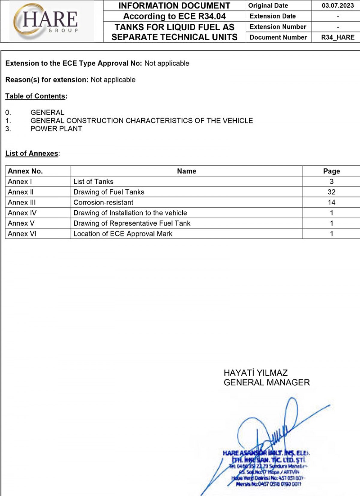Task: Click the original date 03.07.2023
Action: pos(337,5)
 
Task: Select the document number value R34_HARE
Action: pos(337,37)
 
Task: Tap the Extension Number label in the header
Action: pos(278,27)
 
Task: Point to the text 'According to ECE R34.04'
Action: pos(174,16)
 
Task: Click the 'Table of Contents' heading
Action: pos(35,96)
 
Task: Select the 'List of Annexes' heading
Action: pos(32,153)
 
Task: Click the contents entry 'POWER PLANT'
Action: pos(56,129)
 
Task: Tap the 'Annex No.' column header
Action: pos(25,171)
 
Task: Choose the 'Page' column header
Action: pos(331,171)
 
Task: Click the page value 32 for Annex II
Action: pos(331,192)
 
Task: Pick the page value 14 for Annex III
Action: pos(331,202)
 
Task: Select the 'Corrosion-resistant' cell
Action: pos(103,202)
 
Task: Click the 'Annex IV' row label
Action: pos(22,213)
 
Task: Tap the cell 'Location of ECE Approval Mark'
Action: pos(123,234)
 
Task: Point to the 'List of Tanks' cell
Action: pos(93,182)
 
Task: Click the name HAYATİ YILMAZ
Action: pos(256,373)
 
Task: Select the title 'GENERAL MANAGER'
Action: pos(266,383)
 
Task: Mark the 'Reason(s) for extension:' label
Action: pos(47,80)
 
